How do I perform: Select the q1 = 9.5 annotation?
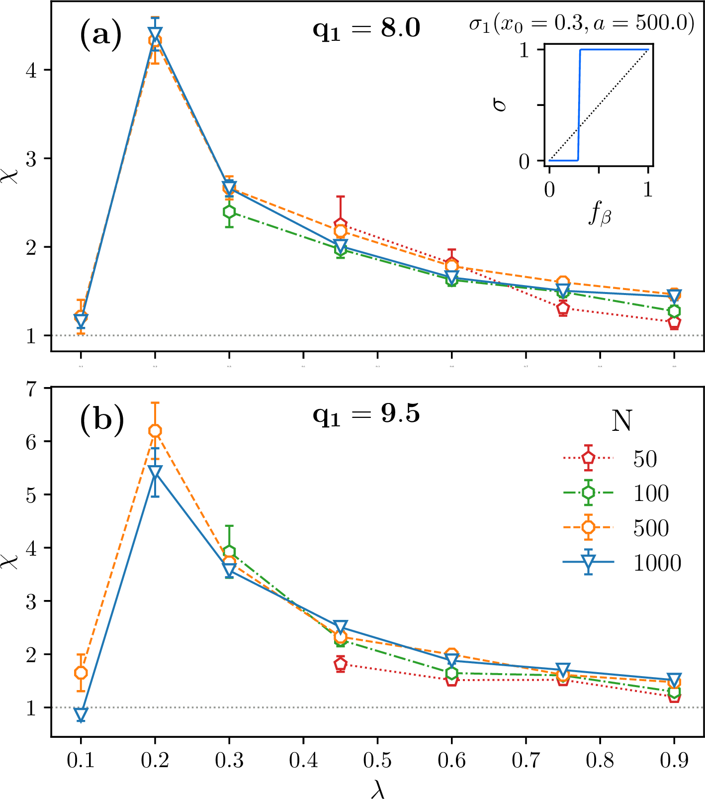pyautogui.click(x=366, y=414)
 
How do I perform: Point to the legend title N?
pyautogui.click(x=621, y=421)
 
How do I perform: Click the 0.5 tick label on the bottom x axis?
pyautogui.click(x=377, y=761)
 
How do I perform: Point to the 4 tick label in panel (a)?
pyautogui.click(x=34, y=70)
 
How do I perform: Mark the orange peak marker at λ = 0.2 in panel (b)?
pyautogui.click(x=155, y=431)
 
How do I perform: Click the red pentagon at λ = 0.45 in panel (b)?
pyautogui.click(x=341, y=663)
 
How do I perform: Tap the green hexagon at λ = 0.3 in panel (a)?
pyautogui.click(x=229, y=212)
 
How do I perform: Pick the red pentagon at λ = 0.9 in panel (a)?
pyautogui.click(x=674, y=322)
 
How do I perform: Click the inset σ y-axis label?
pyautogui.click(x=501, y=105)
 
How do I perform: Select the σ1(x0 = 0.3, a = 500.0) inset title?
pyautogui.click(x=582, y=24)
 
